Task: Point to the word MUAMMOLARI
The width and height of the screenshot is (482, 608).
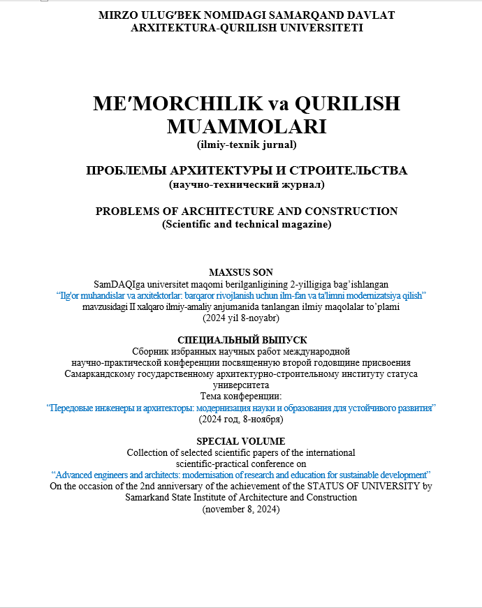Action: click(247, 126)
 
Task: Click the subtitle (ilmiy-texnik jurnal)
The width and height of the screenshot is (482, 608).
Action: click(247, 145)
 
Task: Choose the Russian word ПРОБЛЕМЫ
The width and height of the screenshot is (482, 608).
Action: click(125, 170)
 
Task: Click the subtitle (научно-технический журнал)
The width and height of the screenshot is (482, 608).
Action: click(247, 185)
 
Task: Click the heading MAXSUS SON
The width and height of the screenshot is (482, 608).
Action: click(241, 272)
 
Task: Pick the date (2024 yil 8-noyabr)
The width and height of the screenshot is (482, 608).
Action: click(241, 318)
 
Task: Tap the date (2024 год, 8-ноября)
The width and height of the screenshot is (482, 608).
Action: click(241, 419)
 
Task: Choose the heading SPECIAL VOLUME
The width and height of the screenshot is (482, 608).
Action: click(241, 441)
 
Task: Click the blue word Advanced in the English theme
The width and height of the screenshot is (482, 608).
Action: click(80, 475)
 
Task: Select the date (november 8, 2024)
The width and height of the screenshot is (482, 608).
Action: click(241, 509)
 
